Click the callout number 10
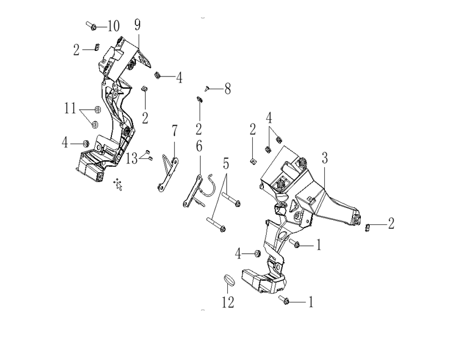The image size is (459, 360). point(114,26)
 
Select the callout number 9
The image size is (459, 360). point(137,24)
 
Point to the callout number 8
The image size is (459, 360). point(227,89)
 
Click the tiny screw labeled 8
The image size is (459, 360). point(207,88)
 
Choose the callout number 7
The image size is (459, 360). point(175,131)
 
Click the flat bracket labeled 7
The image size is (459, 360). point(168,175)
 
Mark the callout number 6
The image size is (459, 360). point(199,146)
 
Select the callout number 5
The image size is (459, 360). point(226,164)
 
